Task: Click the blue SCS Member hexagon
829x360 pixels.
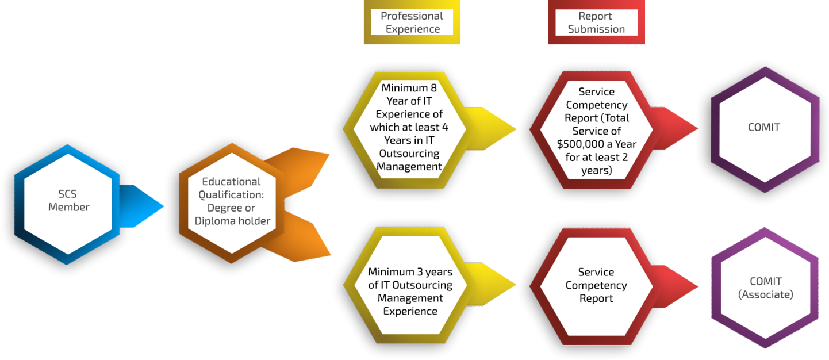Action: tap(68, 201)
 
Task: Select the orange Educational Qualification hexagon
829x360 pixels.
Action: tap(232, 201)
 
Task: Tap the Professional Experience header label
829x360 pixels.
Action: tap(412, 22)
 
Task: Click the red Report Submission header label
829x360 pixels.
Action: tap(596, 22)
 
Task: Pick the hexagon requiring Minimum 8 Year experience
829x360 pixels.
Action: tap(409, 128)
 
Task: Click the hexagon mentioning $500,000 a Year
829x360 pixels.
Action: tap(596, 131)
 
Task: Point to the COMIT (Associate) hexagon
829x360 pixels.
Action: tap(765, 288)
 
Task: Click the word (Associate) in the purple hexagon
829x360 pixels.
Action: tap(765, 294)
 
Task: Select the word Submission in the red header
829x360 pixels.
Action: tap(596, 29)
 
